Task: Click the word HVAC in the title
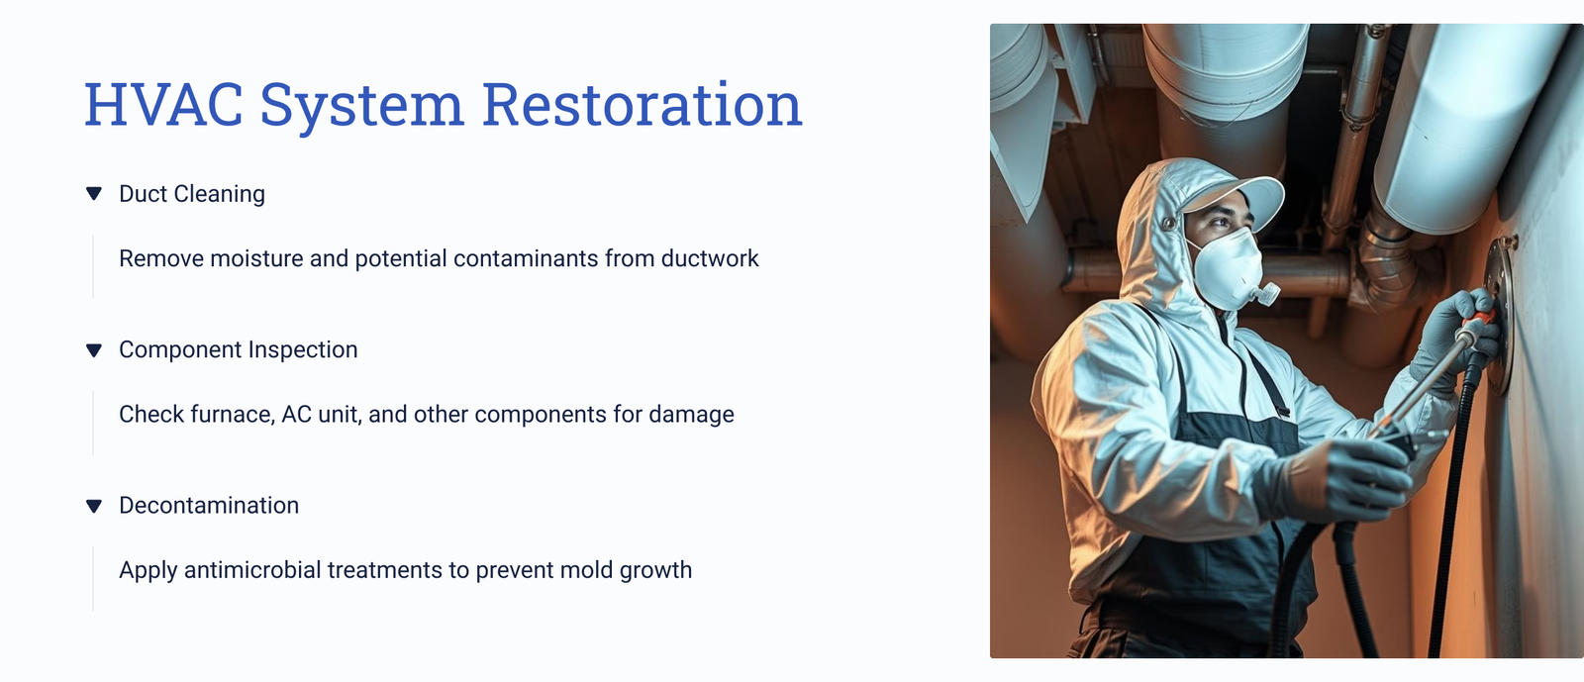pyautogui.click(x=163, y=105)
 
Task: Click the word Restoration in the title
pyautogui.click(x=643, y=105)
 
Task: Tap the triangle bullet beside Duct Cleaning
pyautogui.click(x=94, y=194)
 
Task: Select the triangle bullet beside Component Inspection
pyautogui.click(x=94, y=349)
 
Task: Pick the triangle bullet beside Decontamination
pyautogui.click(x=94, y=506)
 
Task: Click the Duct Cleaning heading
pyautogui.click(x=192, y=194)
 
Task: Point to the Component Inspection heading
pyautogui.click(x=239, y=349)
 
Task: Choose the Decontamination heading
pyautogui.click(x=209, y=506)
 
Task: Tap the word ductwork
pyautogui.click(x=710, y=258)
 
